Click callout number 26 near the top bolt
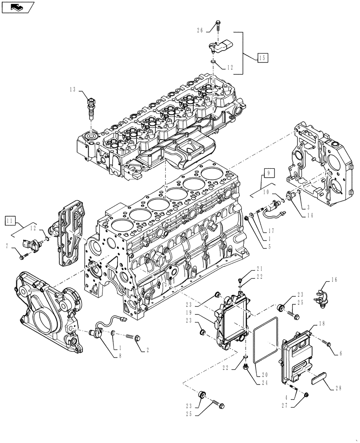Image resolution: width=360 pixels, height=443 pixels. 200,31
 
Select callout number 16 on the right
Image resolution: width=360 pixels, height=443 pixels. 334,280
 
